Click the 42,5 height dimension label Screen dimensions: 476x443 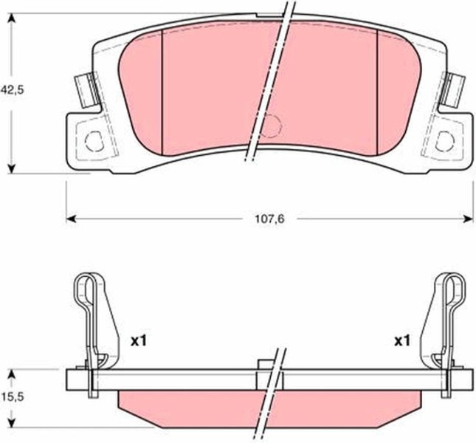tap(12, 90)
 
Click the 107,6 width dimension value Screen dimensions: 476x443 tap(269, 219)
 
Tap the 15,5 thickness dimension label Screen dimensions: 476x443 tap(12, 396)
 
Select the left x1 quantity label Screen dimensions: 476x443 tap(139, 341)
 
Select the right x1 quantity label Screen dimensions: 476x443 tap(402, 341)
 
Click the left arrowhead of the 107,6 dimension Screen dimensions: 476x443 tap(71, 219)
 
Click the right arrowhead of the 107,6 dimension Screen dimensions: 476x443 tap(468, 219)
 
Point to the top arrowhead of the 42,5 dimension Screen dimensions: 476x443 tap(12, 18)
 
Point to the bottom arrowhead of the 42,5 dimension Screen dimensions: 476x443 tap(12, 169)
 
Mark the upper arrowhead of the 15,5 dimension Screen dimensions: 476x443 tap(12, 374)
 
